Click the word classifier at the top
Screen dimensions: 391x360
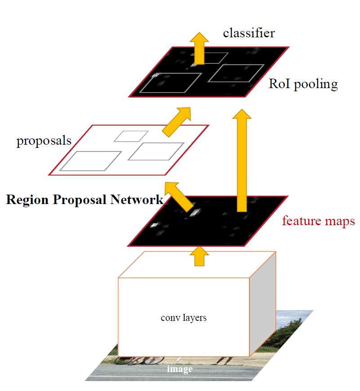[x=249, y=33]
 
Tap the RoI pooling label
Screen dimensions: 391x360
[x=303, y=84]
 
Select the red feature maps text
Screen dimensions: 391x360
[x=318, y=221]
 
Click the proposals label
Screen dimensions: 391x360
[x=44, y=141]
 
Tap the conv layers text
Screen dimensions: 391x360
[x=183, y=318]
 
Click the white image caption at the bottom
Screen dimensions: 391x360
[x=180, y=369]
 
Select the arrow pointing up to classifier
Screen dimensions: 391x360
[x=199, y=48]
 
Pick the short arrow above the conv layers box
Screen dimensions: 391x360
[x=199, y=257]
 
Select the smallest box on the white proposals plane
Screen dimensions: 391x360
[x=131, y=136]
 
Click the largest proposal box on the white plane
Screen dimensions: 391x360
[x=91, y=161]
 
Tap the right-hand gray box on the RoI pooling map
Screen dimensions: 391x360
[x=236, y=73]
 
